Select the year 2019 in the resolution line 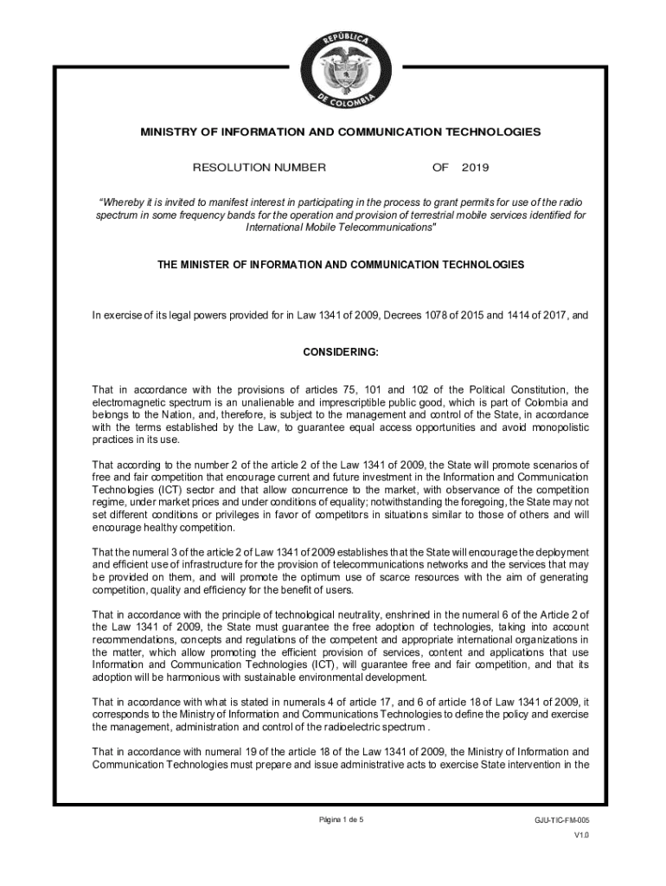click(476, 166)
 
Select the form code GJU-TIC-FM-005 click(562, 819)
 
